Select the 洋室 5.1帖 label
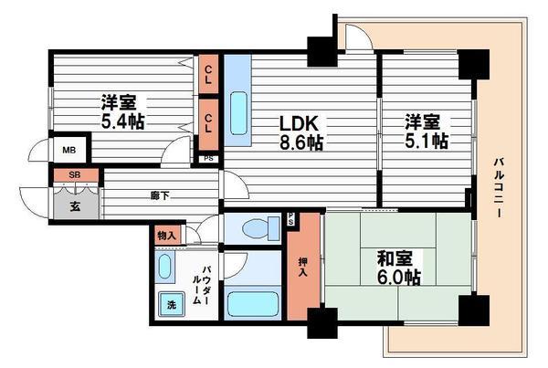point(427,131)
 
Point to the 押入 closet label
point(303,264)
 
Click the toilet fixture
point(249,228)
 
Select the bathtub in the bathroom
point(253,303)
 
